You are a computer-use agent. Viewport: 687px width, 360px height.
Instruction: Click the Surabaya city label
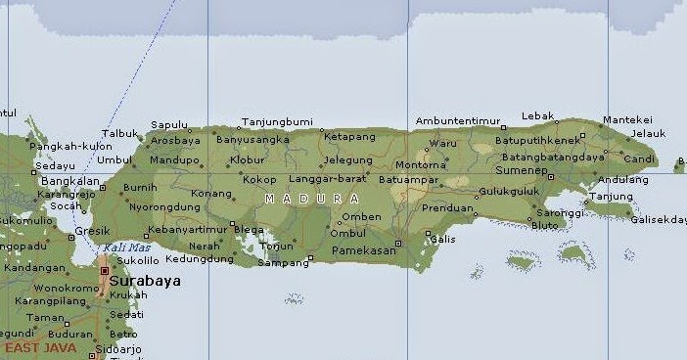(145, 281)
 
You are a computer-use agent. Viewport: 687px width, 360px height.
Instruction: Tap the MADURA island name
(311, 199)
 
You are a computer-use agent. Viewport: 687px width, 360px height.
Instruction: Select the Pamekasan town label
(362, 250)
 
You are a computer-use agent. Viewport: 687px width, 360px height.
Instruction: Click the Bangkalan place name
(69, 181)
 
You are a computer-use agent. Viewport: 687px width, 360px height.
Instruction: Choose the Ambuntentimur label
(458, 121)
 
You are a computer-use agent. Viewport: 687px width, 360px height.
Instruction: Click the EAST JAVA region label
(38, 346)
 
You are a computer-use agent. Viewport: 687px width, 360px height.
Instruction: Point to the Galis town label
(442, 239)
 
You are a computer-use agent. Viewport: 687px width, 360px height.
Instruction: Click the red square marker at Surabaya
(105, 270)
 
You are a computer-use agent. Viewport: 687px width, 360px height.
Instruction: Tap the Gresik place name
(92, 232)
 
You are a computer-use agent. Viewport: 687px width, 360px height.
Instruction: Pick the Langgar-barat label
(328, 179)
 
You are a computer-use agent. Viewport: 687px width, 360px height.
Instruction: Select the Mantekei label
(626, 119)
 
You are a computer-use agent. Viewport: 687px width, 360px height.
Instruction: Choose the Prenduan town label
(447, 207)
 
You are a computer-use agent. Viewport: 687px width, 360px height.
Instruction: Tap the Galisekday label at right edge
(658, 219)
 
